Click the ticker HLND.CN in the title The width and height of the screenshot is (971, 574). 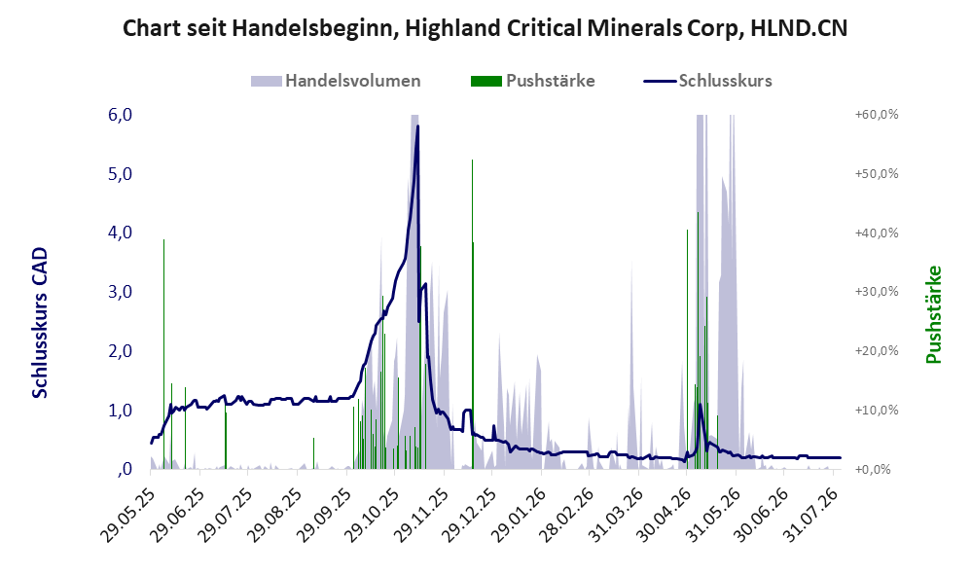(x=799, y=28)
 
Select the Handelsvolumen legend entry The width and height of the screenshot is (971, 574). (x=336, y=81)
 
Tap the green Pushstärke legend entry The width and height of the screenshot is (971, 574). (x=532, y=81)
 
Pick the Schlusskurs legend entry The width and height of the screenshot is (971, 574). (x=707, y=81)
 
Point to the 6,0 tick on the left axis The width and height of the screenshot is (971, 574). (x=120, y=115)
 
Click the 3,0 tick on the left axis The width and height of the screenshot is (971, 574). (x=120, y=292)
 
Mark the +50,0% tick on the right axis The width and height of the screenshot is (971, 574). (x=877, y=173)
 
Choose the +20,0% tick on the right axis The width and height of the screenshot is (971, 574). (x=877, y=350)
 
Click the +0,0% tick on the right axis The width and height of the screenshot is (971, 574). (x=873, y=469)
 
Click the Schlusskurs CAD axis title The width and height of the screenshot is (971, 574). (x=40, y=322)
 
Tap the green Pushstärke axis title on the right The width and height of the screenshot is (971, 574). (x=933, y=314)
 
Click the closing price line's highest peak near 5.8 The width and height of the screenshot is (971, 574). (x=418, y=126)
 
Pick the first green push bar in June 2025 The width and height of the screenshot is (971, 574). (x=164, y=353)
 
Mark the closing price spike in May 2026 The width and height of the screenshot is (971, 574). (x=700, y=405)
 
